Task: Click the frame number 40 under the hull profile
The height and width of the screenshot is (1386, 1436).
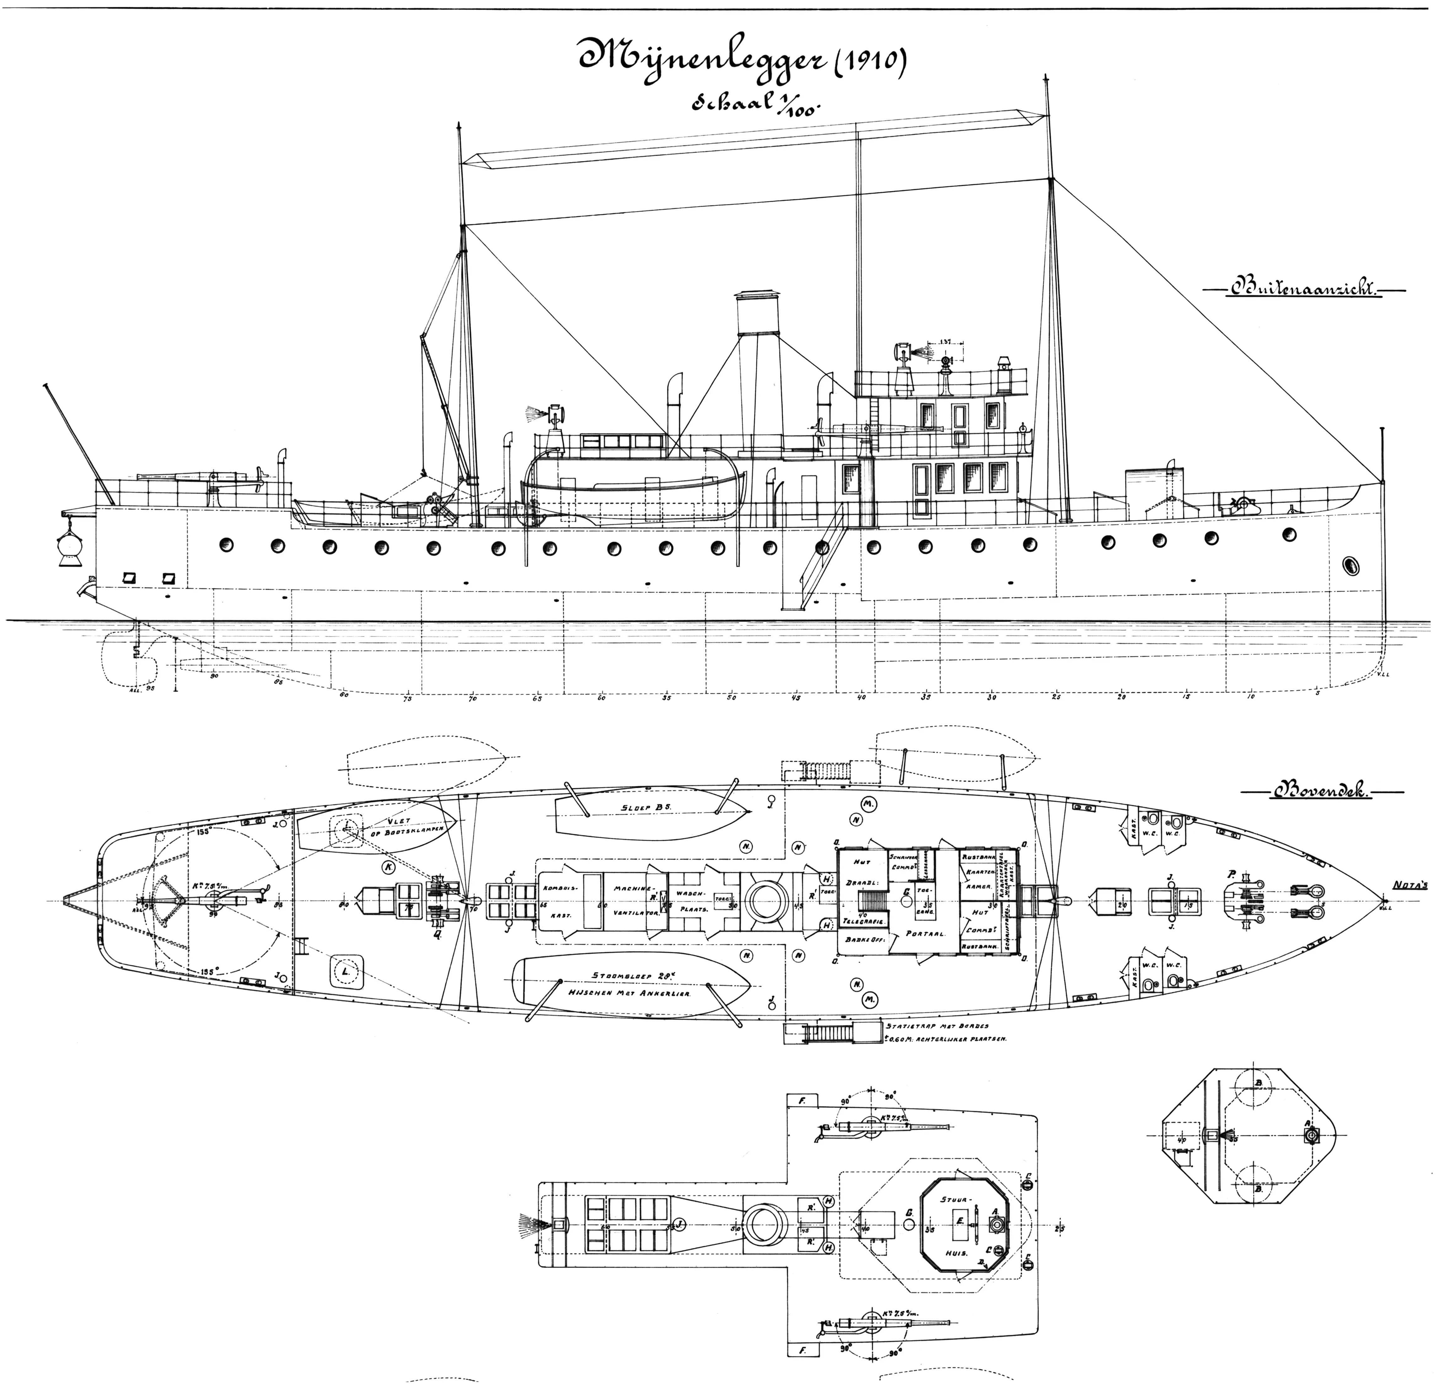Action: [x=862, y=697]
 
